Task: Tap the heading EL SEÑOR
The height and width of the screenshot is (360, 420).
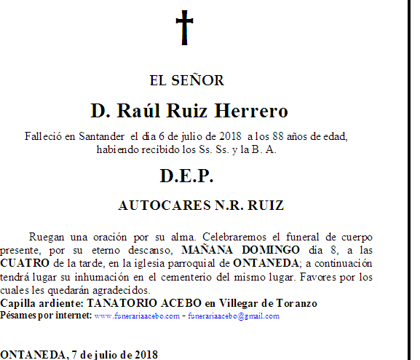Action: click(186, 80)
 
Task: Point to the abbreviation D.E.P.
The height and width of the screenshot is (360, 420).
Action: click(186, 176)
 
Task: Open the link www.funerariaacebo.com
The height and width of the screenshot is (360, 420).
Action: click(137, 316)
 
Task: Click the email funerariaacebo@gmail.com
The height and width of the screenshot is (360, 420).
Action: click(235, 316)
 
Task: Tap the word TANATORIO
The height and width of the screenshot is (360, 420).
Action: click(121, 302)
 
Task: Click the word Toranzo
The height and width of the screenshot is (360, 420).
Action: click(296, 302)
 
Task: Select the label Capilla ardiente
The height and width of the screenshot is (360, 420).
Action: click(42, 302)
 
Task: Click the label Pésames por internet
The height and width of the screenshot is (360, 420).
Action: click(46, 316)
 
